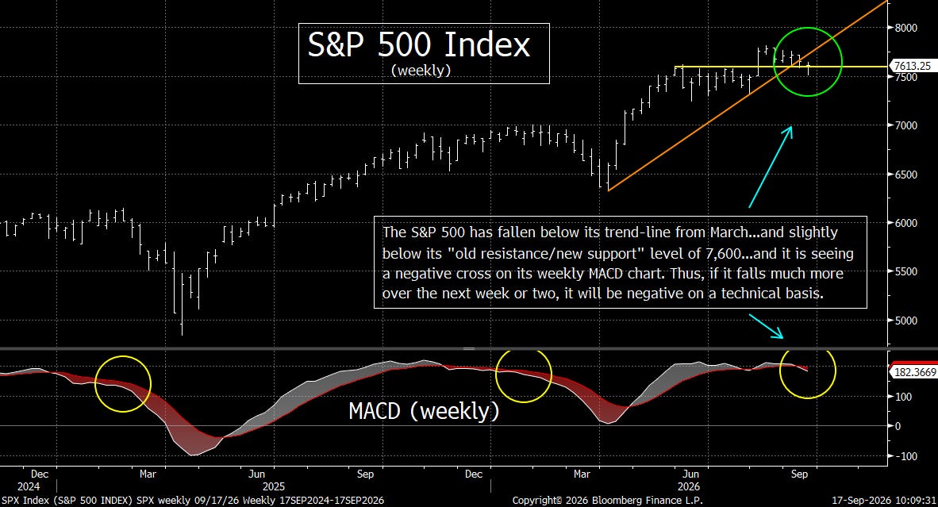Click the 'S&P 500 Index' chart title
coord(419,44)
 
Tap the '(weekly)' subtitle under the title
coord(421,70)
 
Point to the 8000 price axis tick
coord(905,28)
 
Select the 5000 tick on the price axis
coord(905,321)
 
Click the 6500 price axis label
coord(905,175)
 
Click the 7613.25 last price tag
coord(913,67)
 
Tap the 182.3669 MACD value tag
coord(915,372)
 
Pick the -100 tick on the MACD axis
coord(905,456)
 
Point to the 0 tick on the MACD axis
coord(898,426)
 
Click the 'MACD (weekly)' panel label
coord(424,411)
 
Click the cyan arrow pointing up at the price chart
coord(771,167)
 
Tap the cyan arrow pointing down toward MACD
coord(766,326)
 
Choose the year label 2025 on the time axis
coord(273,486)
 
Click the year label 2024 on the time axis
coord(28,486)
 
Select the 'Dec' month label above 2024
coord(39,474)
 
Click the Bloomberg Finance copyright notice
coord(608,500)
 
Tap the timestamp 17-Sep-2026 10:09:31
coord(884,500)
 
